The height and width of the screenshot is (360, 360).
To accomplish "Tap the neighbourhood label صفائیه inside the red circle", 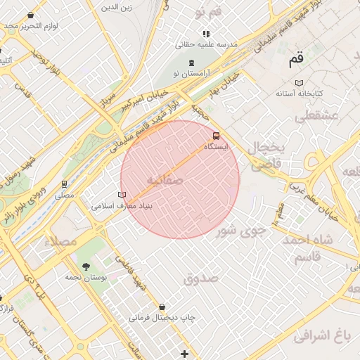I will [165, 181].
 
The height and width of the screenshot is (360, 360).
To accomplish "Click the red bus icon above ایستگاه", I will [216, 136].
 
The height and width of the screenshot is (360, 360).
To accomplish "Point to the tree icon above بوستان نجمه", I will [86, 266].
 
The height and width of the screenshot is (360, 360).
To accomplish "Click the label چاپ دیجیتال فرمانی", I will [162, 318].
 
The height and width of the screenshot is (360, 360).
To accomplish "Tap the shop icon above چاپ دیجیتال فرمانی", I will [163, 307].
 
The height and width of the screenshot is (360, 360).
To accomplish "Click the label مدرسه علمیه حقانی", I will [207, 44].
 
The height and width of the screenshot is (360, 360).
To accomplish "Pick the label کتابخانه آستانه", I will [300, 93].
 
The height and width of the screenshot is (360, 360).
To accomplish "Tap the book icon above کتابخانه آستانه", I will [300, 82].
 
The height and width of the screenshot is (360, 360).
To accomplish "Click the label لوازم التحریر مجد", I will [30, 26].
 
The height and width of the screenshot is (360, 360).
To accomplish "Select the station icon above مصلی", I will [65, 184].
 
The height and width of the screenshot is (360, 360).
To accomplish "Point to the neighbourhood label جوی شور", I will [241, 229].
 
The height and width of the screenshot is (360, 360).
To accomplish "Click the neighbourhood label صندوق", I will [201, 279].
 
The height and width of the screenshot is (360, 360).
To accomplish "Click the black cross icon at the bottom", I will [184, 354].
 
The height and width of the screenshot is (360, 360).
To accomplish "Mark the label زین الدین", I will [117, 8].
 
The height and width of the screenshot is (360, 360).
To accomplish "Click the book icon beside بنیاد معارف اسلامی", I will [122, 195].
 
